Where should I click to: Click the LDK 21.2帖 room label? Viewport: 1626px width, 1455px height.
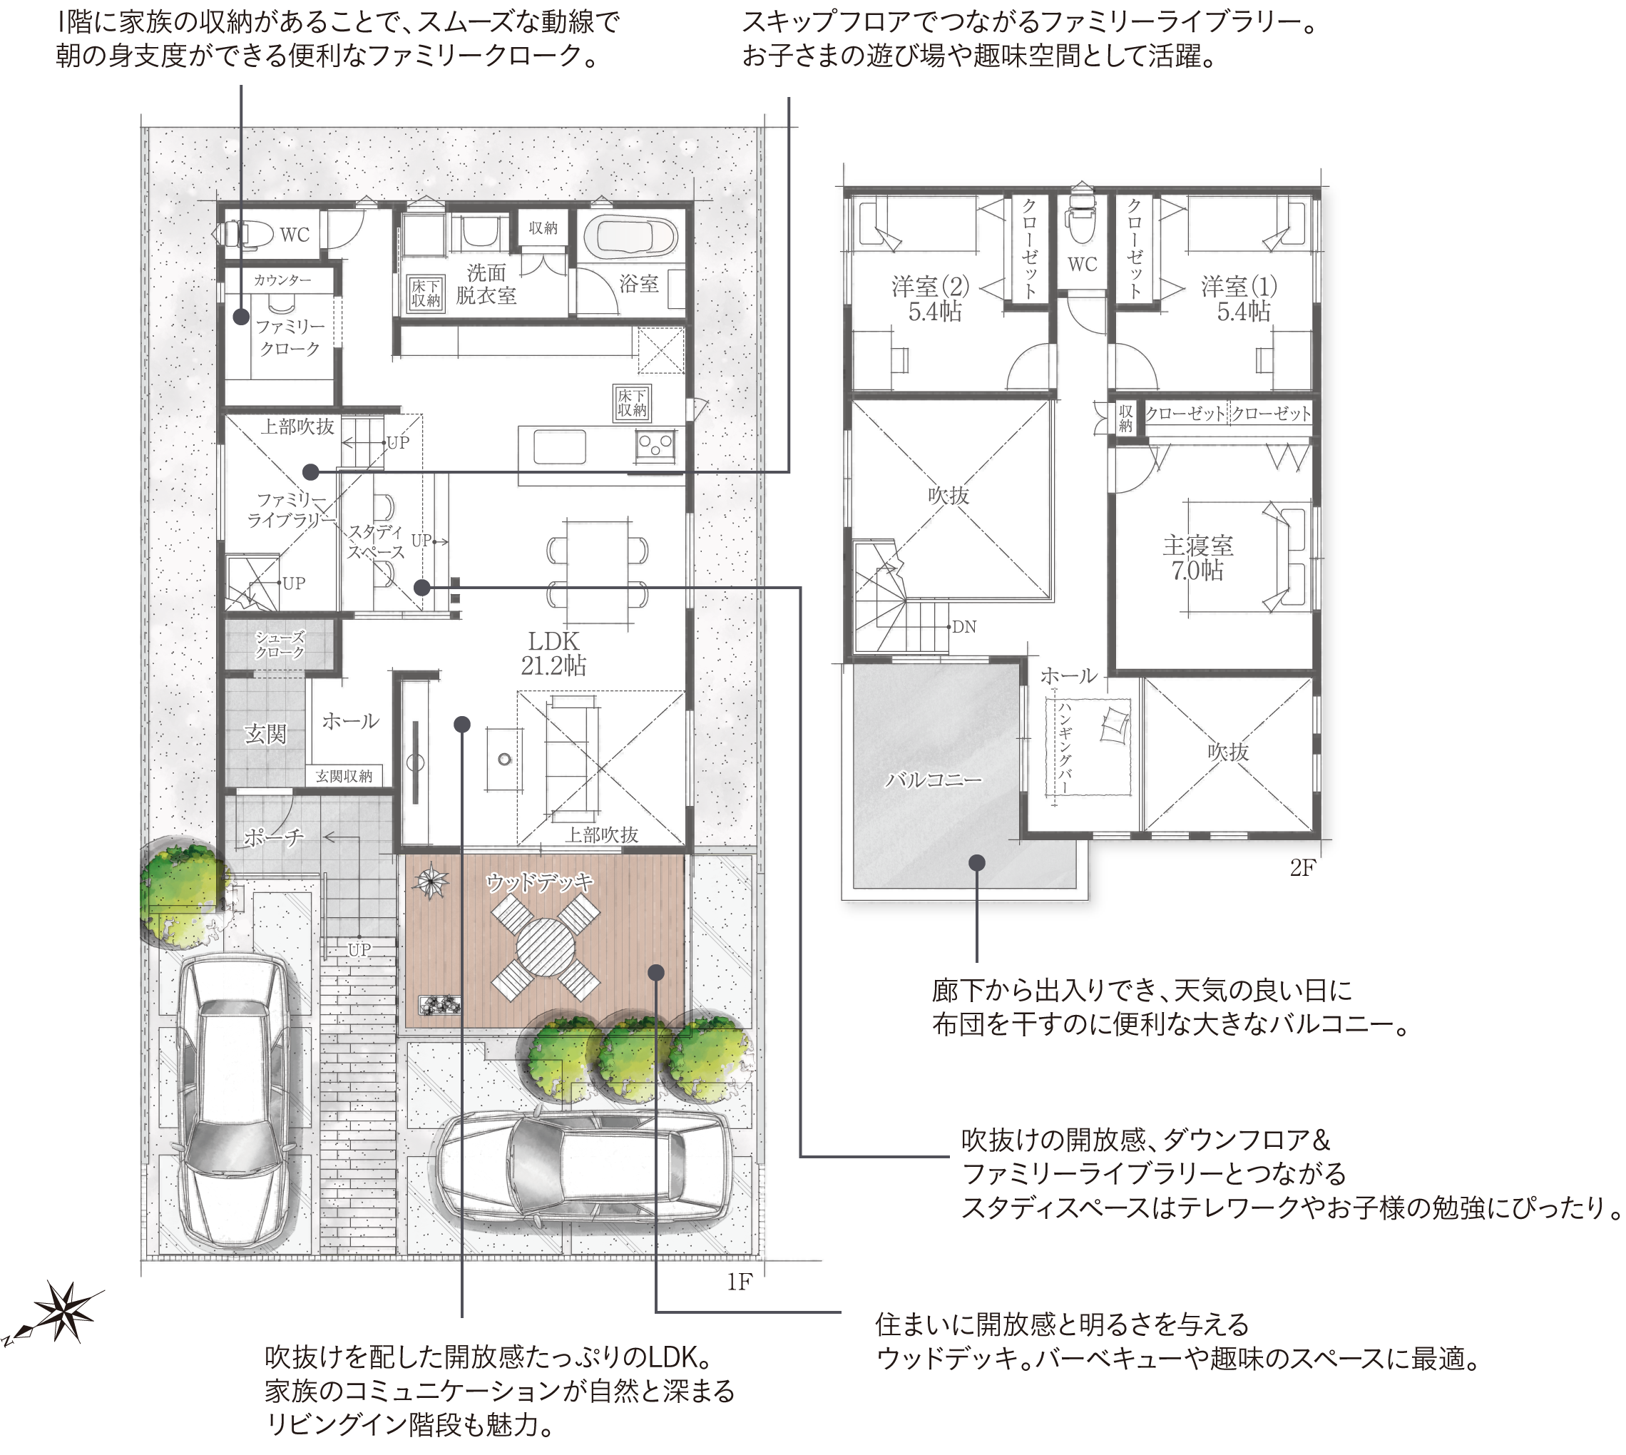pos(553,653)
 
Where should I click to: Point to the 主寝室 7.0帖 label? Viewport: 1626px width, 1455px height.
pos(1197,558)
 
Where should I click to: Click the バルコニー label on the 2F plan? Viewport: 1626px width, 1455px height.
pos(933,780)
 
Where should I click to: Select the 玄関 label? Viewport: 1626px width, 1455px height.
pos(265,734)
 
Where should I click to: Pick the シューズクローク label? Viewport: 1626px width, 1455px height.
pos(280,643)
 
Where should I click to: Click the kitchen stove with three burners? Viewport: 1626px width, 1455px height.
pos(656,445)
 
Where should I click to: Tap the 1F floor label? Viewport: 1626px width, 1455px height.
pos(740,1282)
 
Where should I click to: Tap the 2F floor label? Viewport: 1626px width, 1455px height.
pos(1303,868)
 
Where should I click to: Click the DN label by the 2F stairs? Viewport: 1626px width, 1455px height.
pos(964,627)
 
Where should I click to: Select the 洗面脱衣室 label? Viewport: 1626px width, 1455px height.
pos(486,285)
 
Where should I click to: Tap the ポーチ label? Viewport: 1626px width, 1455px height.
pos(273,838)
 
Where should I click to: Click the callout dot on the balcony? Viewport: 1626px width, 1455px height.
pos(977,862)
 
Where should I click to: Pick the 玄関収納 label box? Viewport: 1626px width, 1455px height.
pos(344,775)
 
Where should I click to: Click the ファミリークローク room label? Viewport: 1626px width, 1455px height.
pos(290,337)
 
